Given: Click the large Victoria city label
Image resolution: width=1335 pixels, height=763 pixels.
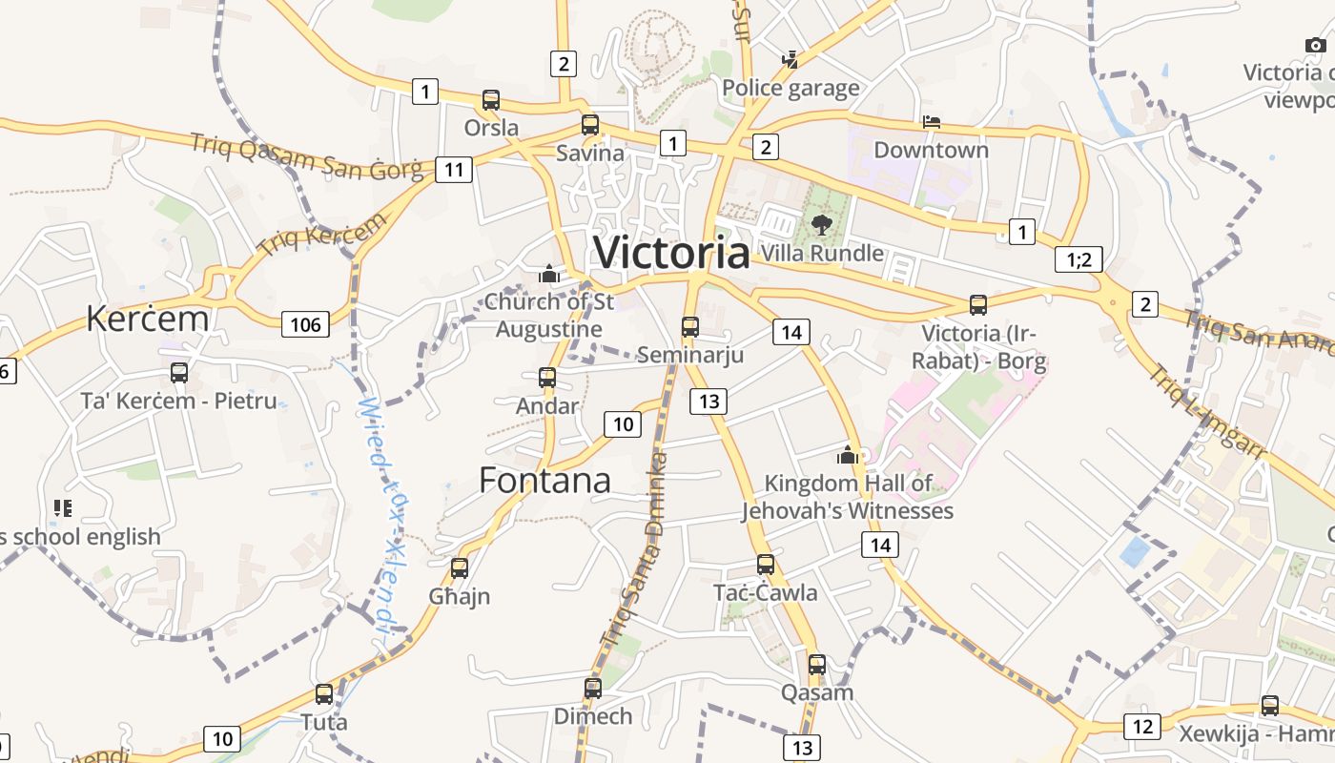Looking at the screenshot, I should (x=671, y=253).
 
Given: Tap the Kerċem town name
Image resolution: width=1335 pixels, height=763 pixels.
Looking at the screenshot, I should (x=147, y=319).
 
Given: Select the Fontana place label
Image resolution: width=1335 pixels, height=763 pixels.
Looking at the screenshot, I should (x=544, y=480).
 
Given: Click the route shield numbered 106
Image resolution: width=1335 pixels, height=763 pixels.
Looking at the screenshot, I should (x=305, y=324).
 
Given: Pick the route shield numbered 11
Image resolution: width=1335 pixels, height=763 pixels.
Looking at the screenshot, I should (x=454, y=170).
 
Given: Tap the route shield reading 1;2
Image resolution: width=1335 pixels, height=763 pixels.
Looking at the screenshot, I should (x=1078, y=258).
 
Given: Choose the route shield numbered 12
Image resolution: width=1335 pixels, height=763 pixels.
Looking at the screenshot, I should (x=1142, y=726).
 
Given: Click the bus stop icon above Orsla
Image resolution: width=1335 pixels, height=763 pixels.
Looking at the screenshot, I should (x=491, y=100).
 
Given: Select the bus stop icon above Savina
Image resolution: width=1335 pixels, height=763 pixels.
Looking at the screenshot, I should (x=590, y=125).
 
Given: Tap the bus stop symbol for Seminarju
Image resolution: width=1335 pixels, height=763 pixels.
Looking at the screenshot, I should (x=690, y=327).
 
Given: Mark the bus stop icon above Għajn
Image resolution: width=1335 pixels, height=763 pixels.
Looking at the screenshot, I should (x=460, y=568).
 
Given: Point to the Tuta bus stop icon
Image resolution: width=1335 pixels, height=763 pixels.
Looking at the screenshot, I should (x=324, y=694).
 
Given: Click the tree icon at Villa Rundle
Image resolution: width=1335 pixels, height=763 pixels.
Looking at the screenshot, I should (x=821, y=225).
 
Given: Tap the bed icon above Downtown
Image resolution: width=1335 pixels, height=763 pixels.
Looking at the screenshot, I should (x=932, y=122).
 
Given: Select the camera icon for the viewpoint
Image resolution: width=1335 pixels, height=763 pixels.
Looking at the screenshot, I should (x=1315, y=45).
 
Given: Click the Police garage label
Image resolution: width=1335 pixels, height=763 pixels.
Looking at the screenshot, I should (x=791, y=89).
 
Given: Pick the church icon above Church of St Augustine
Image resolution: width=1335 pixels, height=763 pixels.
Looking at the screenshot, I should (x=548, y=275).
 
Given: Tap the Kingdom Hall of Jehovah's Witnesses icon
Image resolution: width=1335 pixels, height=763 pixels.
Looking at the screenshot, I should (x=848, y=456).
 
